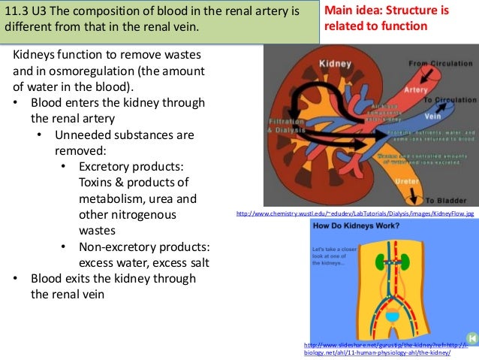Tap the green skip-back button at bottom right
[x=471, y=338]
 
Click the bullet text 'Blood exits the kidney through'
[x=113, y=278]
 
